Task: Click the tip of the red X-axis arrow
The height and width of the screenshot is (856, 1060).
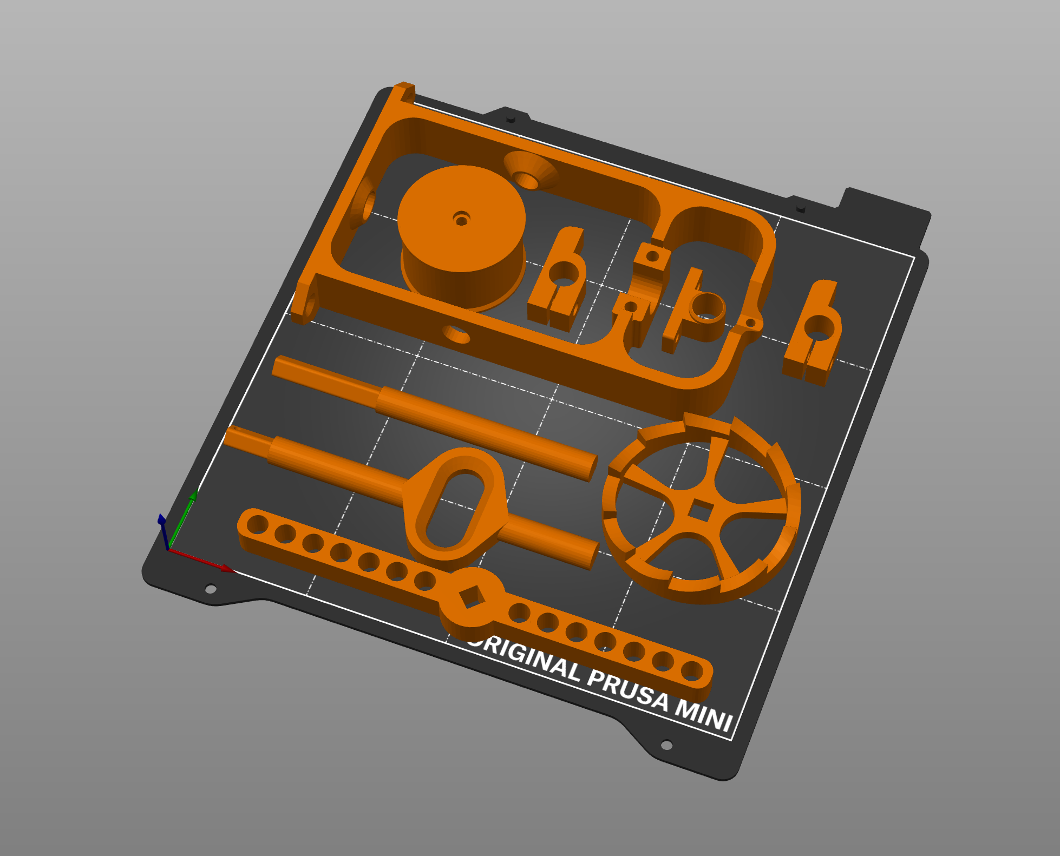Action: (x=234, y=570)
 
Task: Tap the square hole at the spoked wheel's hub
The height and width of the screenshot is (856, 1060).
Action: (x=701, y=511)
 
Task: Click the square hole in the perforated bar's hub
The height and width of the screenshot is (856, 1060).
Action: (x=471, y=597)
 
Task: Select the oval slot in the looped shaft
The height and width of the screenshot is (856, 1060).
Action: (x=455, y=509)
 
